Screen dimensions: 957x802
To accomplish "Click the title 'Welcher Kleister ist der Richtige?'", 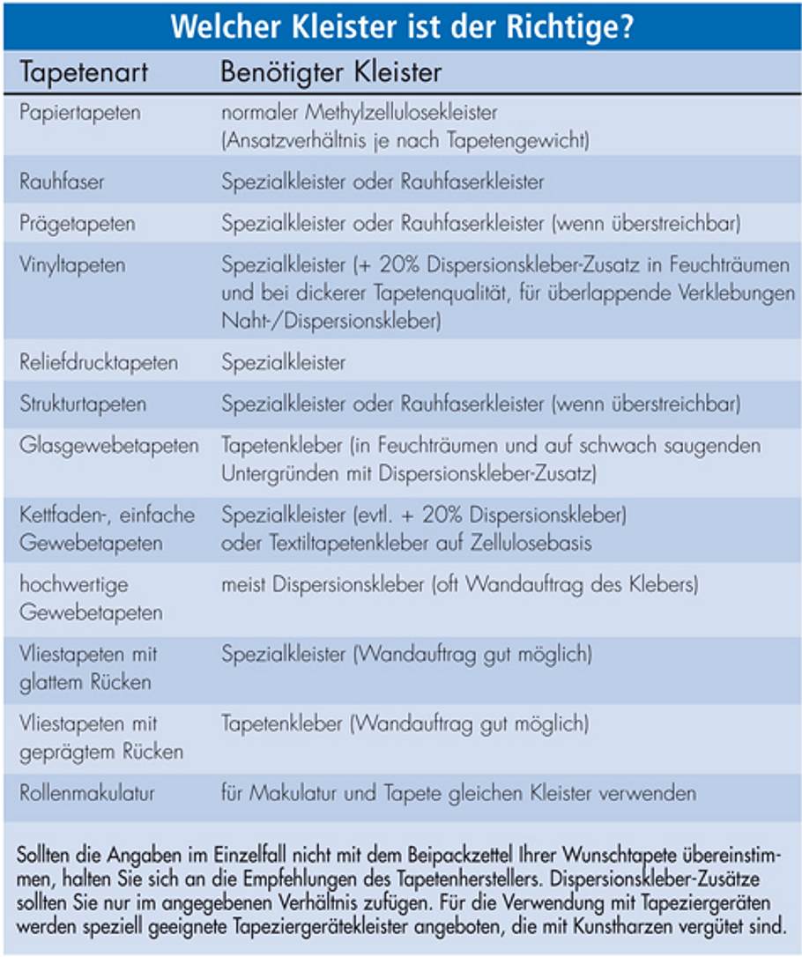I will pyautogui.click(x=401, y=26).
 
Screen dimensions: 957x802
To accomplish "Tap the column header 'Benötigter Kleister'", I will pyautogui.click(x=330, y=72).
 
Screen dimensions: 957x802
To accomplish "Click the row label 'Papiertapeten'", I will pyautogui.click(x=80, y=113).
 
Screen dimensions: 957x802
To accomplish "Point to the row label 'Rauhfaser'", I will pyautogui.click(x=63, y=182).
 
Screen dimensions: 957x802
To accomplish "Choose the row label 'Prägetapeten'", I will pyautogui.click(x=78, y=224).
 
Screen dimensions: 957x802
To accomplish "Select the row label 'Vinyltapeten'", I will pyautogui.click(x=72, y=264).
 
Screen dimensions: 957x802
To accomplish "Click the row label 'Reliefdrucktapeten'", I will pyautogui.click(x=99, y=363).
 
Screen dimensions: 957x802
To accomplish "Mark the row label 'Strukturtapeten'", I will pyautogui.click(x=83, y=404).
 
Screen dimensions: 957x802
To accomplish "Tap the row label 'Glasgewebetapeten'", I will pyautogui.click(x=109, y=446).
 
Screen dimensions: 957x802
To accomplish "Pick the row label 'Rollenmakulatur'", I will pyautogui.click(x=87, y=793).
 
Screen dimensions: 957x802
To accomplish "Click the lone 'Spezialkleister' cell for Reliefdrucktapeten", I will pyautogui.click(x=284, y=363).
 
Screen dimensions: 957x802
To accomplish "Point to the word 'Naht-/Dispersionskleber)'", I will pyautogui.click(x=330, y=322).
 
